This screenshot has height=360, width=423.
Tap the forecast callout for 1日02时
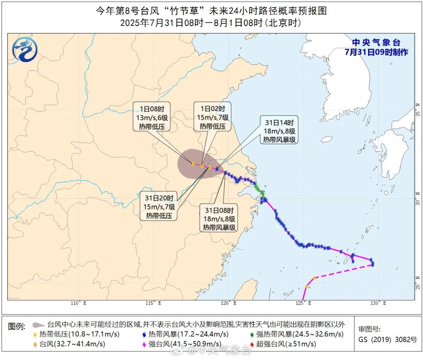tap(213, 117)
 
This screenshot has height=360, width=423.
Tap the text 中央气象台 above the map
tap(376, 43)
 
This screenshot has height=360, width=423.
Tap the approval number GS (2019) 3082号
tap(387, 340)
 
